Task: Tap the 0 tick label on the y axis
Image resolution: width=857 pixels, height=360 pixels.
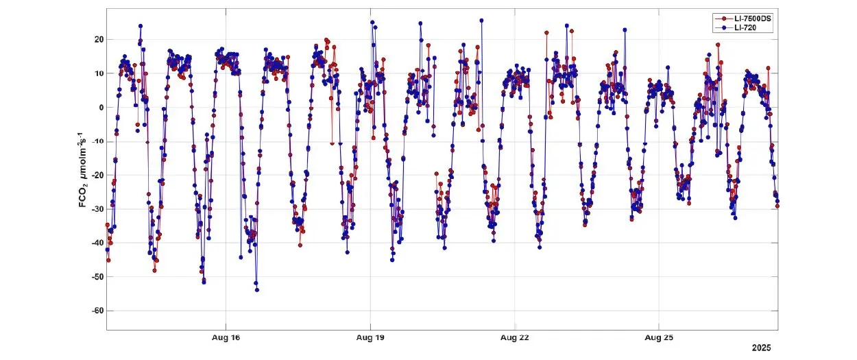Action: pos(100,108)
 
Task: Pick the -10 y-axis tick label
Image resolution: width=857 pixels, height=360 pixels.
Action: pos(97,141)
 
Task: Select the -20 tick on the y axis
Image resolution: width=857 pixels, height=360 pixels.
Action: pos(97,175)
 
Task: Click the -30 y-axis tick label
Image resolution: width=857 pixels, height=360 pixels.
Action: pos(97,209)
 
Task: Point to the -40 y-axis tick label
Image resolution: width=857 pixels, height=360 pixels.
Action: pos(97,243)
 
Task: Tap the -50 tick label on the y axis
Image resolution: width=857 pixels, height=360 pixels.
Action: pos(97,276)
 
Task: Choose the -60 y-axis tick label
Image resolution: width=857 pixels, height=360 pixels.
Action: pos(97,311)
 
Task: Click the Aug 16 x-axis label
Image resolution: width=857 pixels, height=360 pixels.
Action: pos(226,338)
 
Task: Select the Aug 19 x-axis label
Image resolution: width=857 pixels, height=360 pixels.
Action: pos(370,338)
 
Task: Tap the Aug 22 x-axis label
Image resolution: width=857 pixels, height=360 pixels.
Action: pos(514,338)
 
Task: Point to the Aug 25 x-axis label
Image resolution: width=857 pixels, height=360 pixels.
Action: pos(659,338)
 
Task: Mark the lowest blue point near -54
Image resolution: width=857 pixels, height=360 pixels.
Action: pos(256,290)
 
